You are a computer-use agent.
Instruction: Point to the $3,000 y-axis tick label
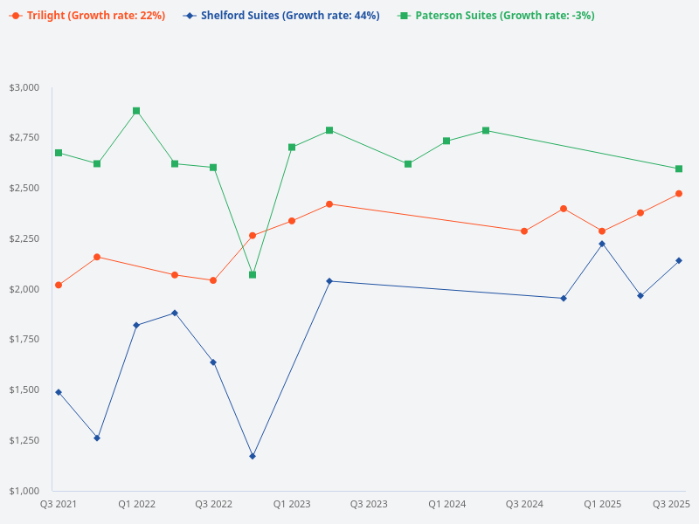[24, 87]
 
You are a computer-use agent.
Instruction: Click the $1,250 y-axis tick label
[24, 440]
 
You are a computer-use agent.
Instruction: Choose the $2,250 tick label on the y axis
[24, 238]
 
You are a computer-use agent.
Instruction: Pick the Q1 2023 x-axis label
[291, 504]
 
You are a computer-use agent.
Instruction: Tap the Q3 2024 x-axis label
[524, 504]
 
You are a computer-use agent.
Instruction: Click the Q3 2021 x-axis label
[59, 504]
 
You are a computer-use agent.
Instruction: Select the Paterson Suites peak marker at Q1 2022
[136, 111]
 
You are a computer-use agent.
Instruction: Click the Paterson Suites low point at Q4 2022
[253, 275]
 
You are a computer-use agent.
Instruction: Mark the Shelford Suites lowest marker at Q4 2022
[253, 456]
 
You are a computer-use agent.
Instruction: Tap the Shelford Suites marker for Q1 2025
[602, 244]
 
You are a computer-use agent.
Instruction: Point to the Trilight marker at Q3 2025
[679, 194]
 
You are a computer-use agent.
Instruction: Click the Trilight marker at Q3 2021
[59, 285]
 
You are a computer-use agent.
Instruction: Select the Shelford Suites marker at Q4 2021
[97, 438]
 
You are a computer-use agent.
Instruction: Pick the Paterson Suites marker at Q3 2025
[679, 169]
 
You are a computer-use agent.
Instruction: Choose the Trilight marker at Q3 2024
[524, 231]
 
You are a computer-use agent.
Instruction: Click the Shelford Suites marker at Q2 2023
[329, 281]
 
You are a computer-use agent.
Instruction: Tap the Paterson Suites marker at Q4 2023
[408, 164]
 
